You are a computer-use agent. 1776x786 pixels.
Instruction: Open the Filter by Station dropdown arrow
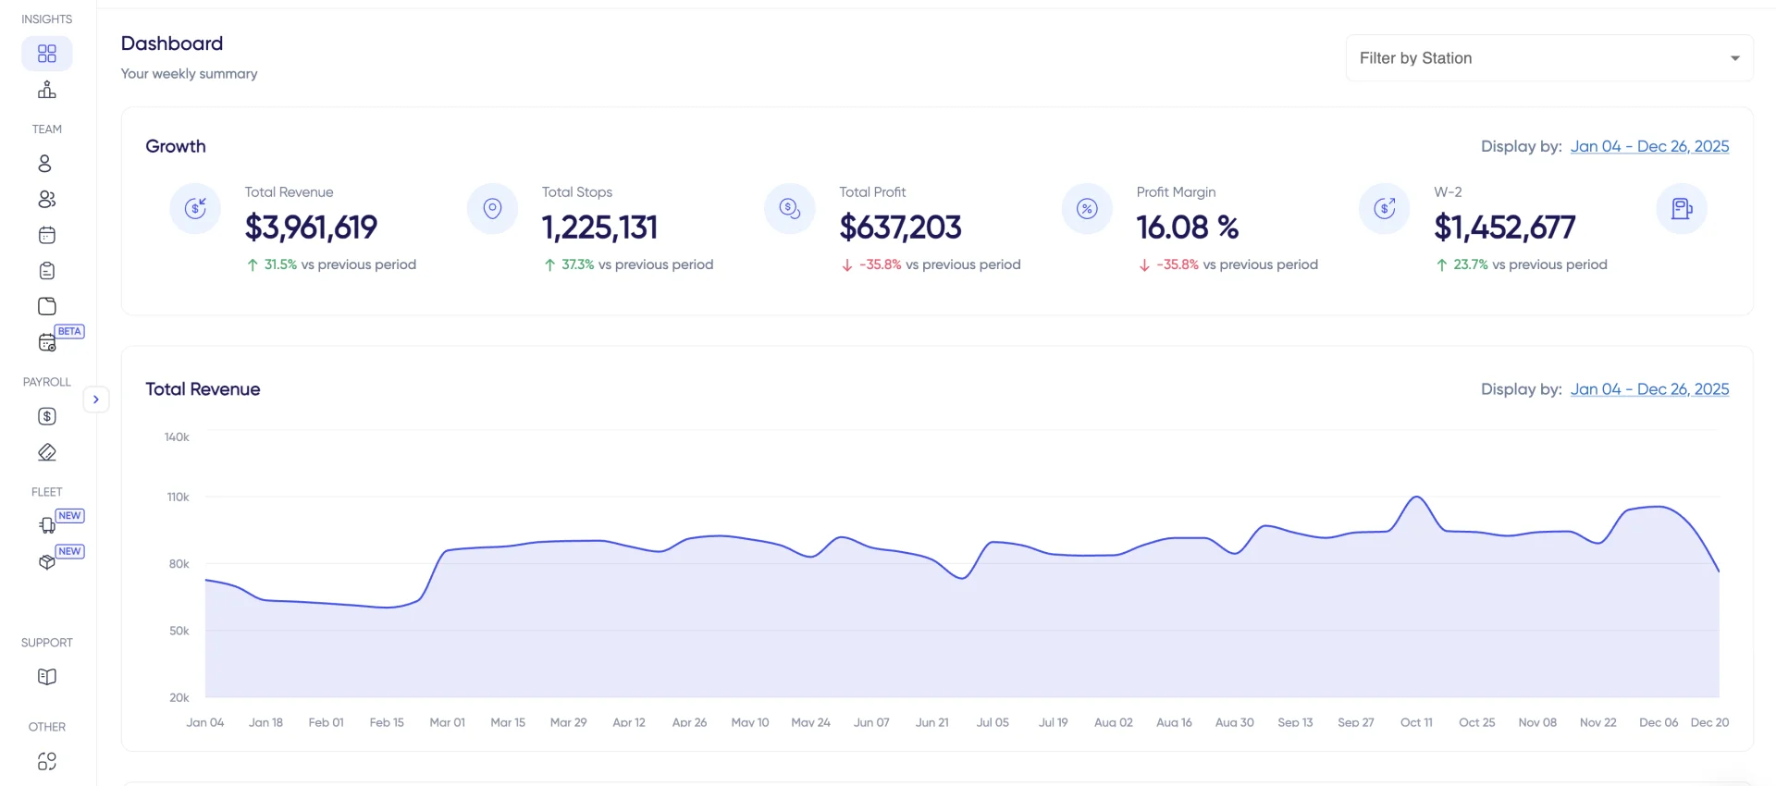1734,58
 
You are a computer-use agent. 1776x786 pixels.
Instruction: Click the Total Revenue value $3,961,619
311,227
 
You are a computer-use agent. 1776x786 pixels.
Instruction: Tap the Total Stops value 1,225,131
599,227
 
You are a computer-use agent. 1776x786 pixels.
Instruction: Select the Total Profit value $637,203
900,227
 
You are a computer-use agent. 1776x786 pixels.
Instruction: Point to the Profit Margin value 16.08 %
1187,227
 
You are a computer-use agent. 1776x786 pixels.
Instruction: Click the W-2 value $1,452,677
1504,227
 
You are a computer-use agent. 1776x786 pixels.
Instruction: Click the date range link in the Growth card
1649,146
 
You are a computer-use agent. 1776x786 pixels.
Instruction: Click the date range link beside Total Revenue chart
1649,389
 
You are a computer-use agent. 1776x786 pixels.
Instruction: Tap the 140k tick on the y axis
177,436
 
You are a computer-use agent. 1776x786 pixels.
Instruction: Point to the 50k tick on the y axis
179,631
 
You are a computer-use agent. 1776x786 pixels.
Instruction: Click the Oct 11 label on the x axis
1416,722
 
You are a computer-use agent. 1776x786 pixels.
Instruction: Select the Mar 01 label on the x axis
447,722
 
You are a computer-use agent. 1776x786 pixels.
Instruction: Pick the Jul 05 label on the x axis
993,722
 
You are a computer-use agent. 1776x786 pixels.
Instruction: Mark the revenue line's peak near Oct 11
1416,497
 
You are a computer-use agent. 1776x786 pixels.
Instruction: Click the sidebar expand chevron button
95,399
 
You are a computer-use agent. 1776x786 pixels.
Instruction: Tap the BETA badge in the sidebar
69,331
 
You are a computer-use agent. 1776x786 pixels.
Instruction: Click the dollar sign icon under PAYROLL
47,416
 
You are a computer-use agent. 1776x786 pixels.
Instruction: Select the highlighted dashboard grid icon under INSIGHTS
47,54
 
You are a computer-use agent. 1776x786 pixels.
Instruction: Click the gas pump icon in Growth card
1681,209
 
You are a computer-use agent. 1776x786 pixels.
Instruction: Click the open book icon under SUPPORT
47,677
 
